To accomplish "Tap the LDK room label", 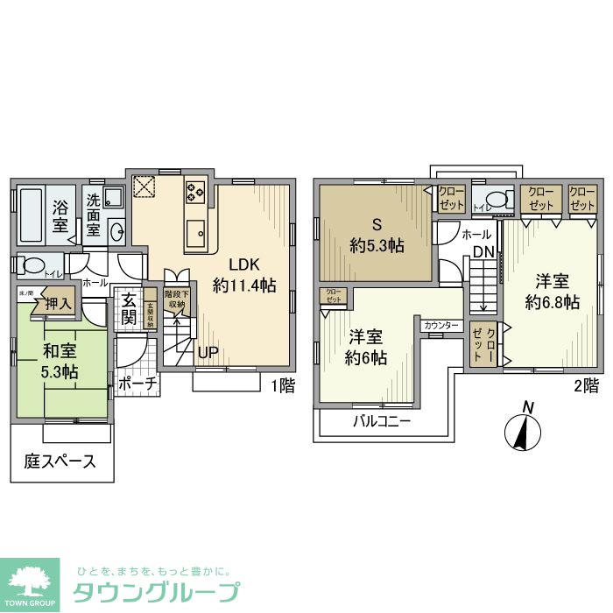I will pos(244,274).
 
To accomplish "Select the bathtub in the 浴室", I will pos(35,215).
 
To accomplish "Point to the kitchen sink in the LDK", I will pos(194,231).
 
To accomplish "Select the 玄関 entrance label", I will pos(129,307).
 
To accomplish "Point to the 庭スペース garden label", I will pos(60,462).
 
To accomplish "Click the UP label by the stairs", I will pos(208,352).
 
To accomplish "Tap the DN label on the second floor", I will pos(483,252).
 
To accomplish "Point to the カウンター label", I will pos(440,325).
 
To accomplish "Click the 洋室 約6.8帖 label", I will pos(552,292).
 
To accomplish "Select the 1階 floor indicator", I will pos(282,385).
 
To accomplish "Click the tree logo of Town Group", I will pos(30,581).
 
